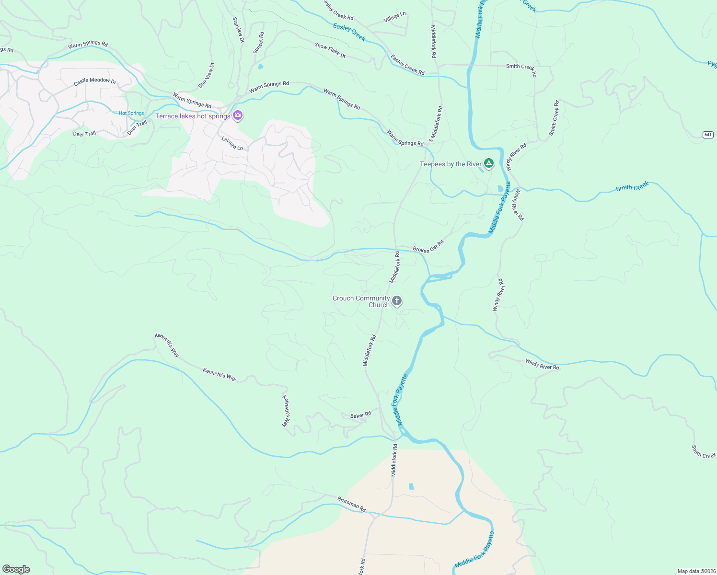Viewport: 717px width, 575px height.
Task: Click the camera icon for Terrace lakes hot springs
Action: click(x=237, y=116)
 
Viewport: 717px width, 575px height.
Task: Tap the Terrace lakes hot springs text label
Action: click(x=193, y=116)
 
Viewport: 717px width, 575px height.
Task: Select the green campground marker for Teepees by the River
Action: click(x=488, y=164)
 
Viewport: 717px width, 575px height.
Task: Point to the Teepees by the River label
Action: click(x=451, y=164)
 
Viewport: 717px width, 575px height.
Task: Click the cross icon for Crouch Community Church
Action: click(x=397, y=301)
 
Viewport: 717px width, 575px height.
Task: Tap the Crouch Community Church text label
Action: click(x=361, y=301)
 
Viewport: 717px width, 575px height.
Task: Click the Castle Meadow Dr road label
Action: click(x=95, y=81)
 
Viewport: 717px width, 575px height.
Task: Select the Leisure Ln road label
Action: click(x=232, y=143)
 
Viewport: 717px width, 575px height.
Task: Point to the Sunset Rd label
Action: click(x=259, y=43)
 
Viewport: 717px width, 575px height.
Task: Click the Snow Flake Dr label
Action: click(x=330, y=50)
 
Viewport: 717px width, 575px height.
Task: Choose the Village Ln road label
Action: click(x=395, y=18)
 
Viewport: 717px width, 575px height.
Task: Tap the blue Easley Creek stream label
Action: click(x=349, y=33)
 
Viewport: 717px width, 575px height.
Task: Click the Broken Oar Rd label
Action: click(x=428, y=246)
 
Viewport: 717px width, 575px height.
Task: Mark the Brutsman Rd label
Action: click(x=351, y=504)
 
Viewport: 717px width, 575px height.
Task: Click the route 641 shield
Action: click(x=708, y=135)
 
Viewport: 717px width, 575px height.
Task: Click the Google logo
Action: click(x=16, y=569)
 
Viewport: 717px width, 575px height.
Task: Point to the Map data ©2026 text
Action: click(x=695, y=571)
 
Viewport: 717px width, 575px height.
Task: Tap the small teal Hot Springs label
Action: click(x=131, y=113)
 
